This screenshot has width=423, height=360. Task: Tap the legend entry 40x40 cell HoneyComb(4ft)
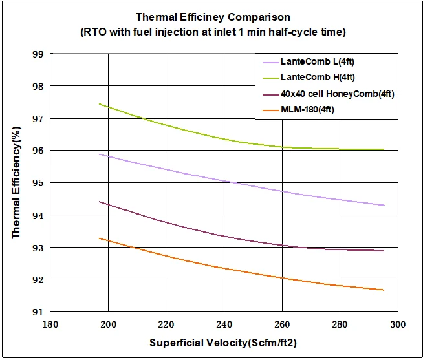click(x=337, y=94)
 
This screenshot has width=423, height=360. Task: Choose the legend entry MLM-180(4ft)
click(x=307, y=111)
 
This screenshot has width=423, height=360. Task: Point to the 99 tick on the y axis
click(x=38, y=54)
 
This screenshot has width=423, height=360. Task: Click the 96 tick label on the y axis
click(x=38, y=150)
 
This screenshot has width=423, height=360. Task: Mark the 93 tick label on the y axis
click(x=38, y=247)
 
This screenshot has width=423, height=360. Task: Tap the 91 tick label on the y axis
click(x=38, y=312)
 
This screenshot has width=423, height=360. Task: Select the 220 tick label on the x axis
click(x=166, y=324)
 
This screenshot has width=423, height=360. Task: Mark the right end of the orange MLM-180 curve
click(x=384, y=290)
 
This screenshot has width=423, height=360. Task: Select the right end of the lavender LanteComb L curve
click(x=384, y=205)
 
